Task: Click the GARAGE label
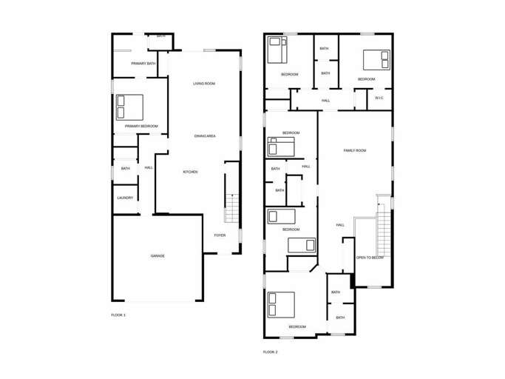[x=157, y=255]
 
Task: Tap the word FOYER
[x=220, y=235]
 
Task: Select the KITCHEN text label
[x=190, y=172]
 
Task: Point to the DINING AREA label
[x=205, y=136]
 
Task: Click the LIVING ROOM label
[x=204, y=84]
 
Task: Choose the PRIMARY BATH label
[x=143, y=64]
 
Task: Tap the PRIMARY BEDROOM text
[x=141, y=126]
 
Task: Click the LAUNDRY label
[x=125, y=198]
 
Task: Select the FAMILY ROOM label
[x=355, y=150]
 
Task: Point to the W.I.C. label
[x=379, y=98]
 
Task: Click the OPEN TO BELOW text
[x=370, y=258]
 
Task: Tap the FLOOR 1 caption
[x=118, y=315]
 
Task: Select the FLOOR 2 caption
[x=271, y=352]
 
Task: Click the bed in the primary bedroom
[x=129, y=107]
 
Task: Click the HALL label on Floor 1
[x=149, y=167]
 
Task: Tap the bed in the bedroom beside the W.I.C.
[x=376, y=59]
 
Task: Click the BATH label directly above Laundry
[x=126, y=169]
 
